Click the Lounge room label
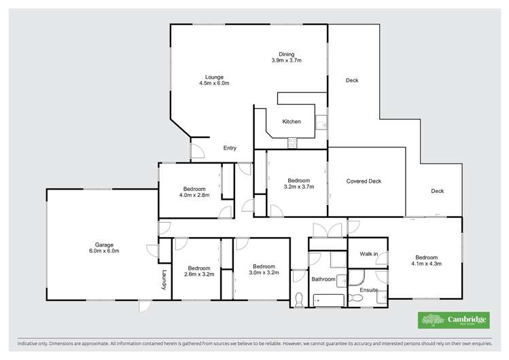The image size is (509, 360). [x=214, y=80]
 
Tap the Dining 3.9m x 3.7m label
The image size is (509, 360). [x=285, y=58]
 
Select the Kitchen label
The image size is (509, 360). [x=292, y=122]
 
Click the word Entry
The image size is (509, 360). [x=230, y=148]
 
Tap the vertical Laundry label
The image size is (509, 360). [x=164, y=281]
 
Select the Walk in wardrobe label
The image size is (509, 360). [x=368, y=254]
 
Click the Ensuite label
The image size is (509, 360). [x=369, y=290]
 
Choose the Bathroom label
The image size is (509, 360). [x=323, y=279]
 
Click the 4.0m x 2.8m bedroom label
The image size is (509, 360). [x=195, y=192]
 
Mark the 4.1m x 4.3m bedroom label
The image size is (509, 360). [x=426, y=261]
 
